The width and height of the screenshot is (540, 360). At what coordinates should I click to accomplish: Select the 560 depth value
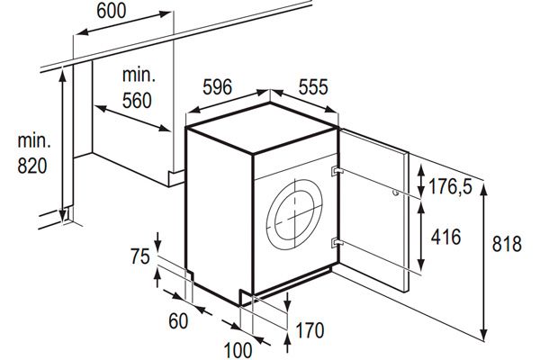[x=137, y=101]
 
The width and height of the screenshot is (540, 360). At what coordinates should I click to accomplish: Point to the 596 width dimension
[x=218, y=86]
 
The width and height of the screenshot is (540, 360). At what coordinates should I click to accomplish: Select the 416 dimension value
[x=446, y=238]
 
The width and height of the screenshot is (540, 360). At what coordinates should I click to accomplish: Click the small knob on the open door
[x=395, y=192]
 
